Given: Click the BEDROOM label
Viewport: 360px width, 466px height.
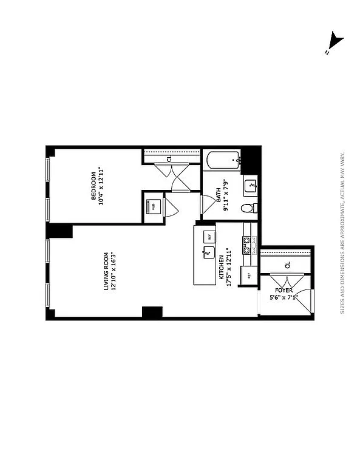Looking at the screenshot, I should pyautogui.click(x=93, y=186).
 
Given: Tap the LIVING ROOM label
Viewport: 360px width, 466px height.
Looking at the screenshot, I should pyautogui.click(x=107, y=271).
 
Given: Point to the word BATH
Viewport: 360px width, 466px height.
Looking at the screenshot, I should pyautogui.click(x=219, y=198).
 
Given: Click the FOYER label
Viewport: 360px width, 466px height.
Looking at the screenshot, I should pyautogui.click(x=285, y=291).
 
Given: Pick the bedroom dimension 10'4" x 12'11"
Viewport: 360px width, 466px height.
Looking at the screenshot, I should pyautogui.click(x=101, y=186).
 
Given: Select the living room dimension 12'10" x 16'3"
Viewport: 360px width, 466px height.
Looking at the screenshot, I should pyautogui.click(x=115, y=271).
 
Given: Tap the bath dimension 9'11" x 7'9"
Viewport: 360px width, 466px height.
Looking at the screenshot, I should pyautogui.click(x=226, y=195).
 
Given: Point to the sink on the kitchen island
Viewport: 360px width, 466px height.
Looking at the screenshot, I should pyautogui.click(x=209, y=249).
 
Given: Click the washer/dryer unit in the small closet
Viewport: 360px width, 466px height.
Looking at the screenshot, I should pyautogui.click(x=153, y=205).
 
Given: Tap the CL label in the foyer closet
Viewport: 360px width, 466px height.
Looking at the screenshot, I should pyautogui.click(x=287, y=265).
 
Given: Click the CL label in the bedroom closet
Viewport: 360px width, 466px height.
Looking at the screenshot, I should pyautogui.click(x=169, y=159).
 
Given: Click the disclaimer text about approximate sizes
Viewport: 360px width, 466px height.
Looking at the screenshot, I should pyautogui.click(x=342, y=233).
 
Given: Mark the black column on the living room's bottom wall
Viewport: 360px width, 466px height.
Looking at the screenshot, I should pyautogui.click(x=152, y=312).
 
